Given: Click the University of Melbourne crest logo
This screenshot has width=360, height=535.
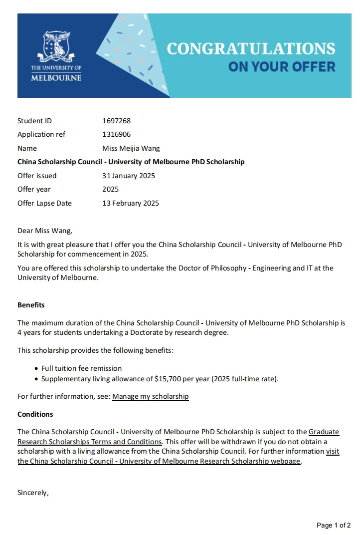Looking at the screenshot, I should [x=56, y=47].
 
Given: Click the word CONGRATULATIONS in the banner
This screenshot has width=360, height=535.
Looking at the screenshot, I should [x=251, y=48].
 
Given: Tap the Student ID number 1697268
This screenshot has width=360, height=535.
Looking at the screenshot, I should [x=116, y=121].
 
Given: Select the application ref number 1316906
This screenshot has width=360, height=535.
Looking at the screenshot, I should [x=116, y=134].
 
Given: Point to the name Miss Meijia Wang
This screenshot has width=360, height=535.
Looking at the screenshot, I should [x=131, y=148].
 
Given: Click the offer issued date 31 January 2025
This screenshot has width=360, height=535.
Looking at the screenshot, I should [x=128, y=176].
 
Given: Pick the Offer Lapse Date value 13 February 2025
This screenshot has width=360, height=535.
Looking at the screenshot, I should [x=130, y=203].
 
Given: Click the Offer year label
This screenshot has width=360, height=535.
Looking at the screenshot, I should [x=34, y=189].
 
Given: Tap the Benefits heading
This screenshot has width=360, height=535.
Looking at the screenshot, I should [x=31, y=305].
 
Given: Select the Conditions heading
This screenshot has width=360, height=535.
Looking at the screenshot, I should [x=35, y=414].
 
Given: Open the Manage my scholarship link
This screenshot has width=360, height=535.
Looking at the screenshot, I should [x=151, y=397].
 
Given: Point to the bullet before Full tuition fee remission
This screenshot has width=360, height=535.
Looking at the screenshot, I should [x=36, y=368].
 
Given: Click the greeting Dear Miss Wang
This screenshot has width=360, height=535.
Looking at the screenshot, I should [x=44, y=231].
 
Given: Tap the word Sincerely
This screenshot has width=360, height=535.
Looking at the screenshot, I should [x=33, y=493].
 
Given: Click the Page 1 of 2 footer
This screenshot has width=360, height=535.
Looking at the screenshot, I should [x=334, y=525].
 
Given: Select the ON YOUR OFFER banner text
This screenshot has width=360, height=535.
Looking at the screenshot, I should [x=282, y=66].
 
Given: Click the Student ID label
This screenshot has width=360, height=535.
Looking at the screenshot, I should [x=34, y=121].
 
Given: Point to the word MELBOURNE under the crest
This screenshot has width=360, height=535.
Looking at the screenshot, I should [x=56, y=78].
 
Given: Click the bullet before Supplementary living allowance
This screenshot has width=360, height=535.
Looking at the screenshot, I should [x=36, y=379].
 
